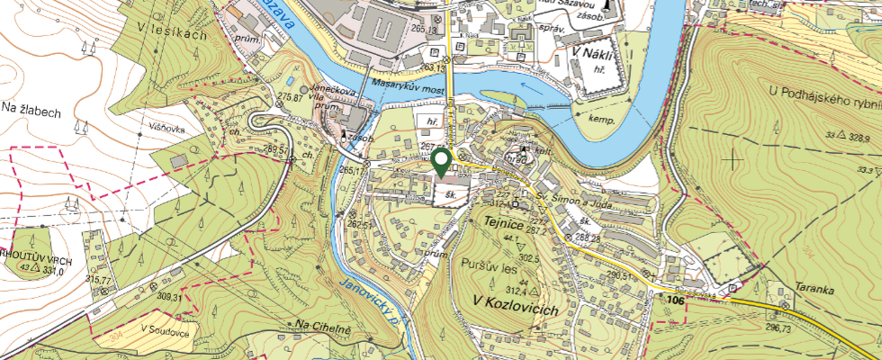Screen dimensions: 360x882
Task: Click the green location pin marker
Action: click(x=441, y=162)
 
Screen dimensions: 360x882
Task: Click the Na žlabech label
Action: click(x=31, y=109)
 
